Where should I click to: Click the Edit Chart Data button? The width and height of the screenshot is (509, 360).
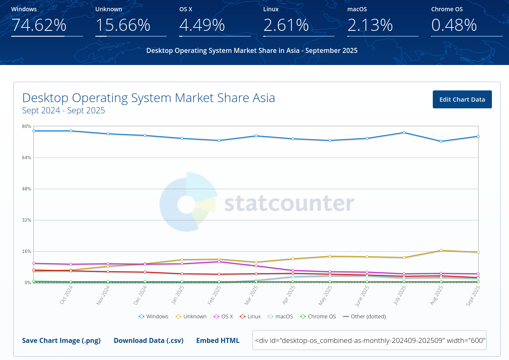click(462, 100)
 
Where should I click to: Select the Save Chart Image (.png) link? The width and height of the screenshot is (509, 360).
click(61, 340)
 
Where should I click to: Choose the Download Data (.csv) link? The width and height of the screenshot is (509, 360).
click(148, 340)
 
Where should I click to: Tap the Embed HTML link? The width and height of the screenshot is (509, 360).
click(217, 340)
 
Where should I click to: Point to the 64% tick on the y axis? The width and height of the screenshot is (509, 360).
click(27, 157)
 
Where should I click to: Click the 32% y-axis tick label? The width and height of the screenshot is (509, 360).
click(27, 220)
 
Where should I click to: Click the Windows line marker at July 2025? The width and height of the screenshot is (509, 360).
click(404, 132)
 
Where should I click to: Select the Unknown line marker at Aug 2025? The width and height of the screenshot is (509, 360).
click(441, 250)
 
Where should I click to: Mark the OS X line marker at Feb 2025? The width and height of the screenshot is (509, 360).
click(219, 261)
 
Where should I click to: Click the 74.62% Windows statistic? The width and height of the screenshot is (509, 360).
click(39, 25)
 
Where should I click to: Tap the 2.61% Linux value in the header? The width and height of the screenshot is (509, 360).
click(286, 25)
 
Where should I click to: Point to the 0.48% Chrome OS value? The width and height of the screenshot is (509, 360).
click(454, 25)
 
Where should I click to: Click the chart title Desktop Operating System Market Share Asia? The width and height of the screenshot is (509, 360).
click(149, 98)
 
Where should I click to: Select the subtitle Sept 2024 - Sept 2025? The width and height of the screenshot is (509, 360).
click(63, 110)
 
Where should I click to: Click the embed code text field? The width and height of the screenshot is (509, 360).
click(369, 340)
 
